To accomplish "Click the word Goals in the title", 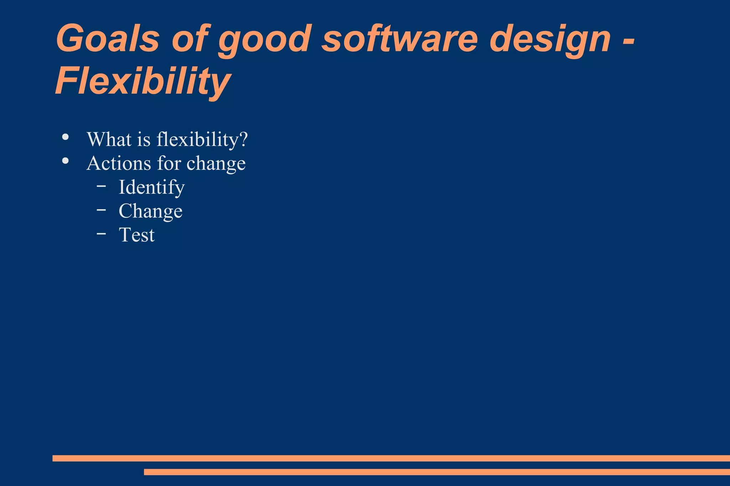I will click(107, 38).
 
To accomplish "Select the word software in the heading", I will click(400, 38).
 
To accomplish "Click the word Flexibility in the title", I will click(143, 82).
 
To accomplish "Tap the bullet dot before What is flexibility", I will click(65, 137).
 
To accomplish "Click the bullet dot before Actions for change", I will click(65, 161).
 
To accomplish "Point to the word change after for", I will click(216, 164).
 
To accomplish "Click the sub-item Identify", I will click(151, 188).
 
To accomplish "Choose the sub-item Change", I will click(150, 211).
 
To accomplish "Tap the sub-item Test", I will click(137, 235).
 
